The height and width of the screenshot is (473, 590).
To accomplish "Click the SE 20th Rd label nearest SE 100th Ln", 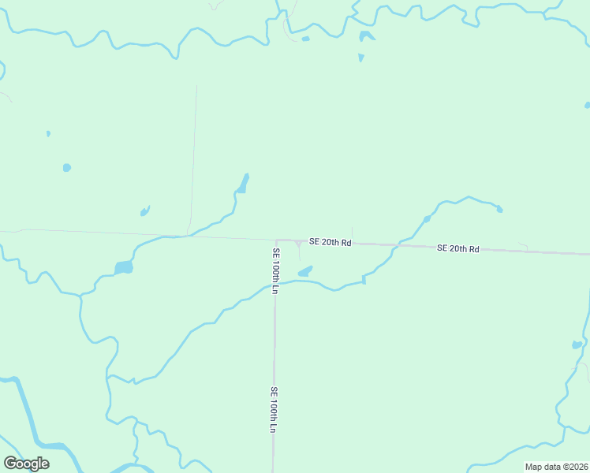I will pyautogui.click(x=330, y=242).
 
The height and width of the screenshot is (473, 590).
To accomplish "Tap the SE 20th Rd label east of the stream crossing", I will pyautogui.click(x=458, y=248).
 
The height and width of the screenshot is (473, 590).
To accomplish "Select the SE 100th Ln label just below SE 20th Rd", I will pyautogui.click(x=275, y=271).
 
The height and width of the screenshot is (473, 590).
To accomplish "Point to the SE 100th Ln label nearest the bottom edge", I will pyautogui.click(x=274, y=409).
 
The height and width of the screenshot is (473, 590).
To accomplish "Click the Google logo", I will pyautogui.click(x=26, y=464).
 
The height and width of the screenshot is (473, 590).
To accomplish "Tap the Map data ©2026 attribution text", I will pyautogui.click(x=556, y=467).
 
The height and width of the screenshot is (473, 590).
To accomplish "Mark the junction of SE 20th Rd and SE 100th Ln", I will pyautogui.click(x=276, y=240).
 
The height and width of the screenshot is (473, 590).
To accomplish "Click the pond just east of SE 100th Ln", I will pyautogui.click(x=304, y=272).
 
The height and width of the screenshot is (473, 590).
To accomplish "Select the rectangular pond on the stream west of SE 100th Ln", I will pyautogui.click(x=123, y=268).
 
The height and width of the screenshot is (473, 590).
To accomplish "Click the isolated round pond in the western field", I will pyautogui.click(x=66, y=167).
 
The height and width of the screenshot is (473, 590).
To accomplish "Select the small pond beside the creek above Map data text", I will pyautogui.click(x=577, y=345).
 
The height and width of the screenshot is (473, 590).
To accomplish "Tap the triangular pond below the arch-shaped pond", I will pyautogui.click(x=361, y=58).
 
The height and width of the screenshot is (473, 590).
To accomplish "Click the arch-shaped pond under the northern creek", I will pyautogui.click(x=365, y=36).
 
